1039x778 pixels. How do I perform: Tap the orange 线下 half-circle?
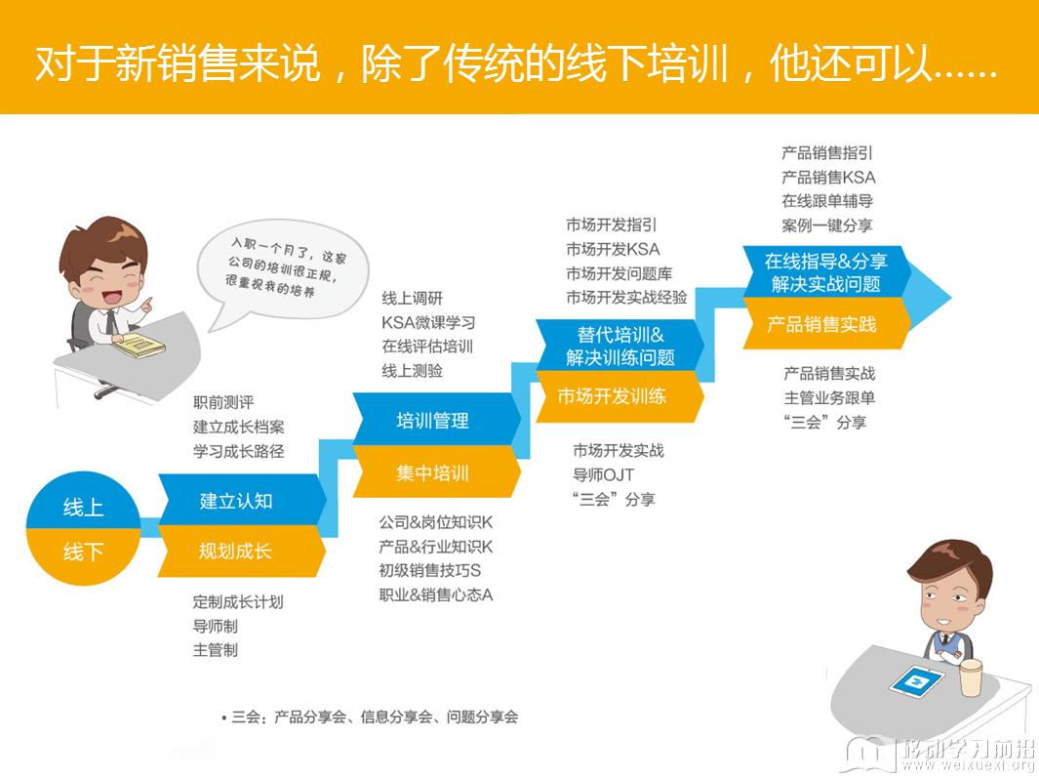click(83, 553)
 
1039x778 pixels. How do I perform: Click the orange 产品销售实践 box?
click(825, 324)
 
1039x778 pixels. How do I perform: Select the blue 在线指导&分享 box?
click(825, 272)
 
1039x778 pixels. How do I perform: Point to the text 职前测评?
click(223, 402)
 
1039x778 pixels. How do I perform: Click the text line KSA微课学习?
click(428, 322)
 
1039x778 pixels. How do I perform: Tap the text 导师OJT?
click(603, 474)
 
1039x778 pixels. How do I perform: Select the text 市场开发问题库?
click(619, 273)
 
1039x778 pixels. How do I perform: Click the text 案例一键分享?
click(827, 225)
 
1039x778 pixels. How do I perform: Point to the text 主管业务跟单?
click(829, 398)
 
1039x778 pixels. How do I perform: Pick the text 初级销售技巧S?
click(429, 570)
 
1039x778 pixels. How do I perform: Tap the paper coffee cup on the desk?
click(971, 677)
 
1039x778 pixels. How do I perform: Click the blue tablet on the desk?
click(917, 681)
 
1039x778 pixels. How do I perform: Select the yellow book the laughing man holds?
click(139, 345)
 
